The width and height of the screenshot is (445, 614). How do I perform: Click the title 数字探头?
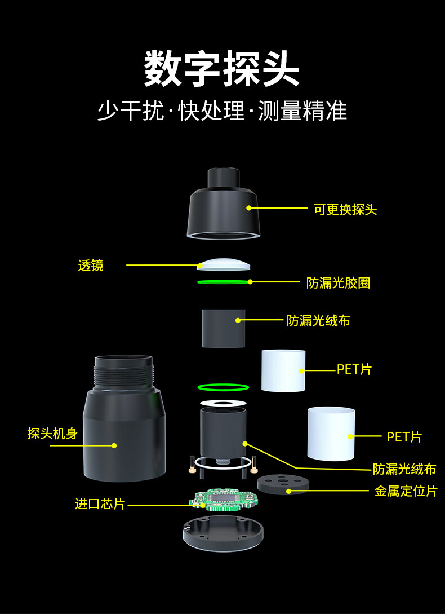[x=222, y=69]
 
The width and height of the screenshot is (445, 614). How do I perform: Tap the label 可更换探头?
[x=345, y=210]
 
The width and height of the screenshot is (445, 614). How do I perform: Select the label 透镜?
[x=91, y=266]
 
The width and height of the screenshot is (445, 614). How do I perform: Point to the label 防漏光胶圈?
[x=338, y=283]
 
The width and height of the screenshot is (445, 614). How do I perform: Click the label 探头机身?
[x=52, y=434]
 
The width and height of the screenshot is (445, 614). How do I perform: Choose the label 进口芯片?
[x=100, y=503]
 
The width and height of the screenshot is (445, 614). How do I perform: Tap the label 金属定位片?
[x=406, y=491]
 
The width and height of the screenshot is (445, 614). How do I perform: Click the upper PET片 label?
[x=354, y=370]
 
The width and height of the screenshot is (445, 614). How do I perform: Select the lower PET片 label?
[x=404, y=437]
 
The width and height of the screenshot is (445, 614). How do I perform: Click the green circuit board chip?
[x=224, y=499]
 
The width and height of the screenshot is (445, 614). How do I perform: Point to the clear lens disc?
[x=224, y=263]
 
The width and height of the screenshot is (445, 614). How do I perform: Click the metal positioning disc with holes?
[x=283, y=483]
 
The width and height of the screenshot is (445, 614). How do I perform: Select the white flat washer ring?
[x=223, y=403]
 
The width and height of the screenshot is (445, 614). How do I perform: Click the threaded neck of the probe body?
[x=124, y=372]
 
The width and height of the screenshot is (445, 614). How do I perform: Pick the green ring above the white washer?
[x=223, y=387]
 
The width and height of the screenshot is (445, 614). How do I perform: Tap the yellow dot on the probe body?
[x=114, y=445]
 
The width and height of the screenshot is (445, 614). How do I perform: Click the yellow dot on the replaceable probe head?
[x=248, y=208]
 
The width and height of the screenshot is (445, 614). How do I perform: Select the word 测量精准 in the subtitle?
[x=302, y=111]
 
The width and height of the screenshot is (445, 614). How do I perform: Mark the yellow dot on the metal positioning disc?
[x=289, y=491]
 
